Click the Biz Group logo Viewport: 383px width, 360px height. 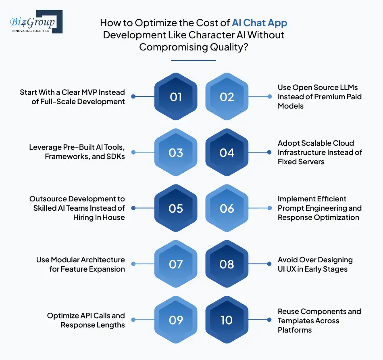point(35,22)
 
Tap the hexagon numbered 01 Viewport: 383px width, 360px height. point(176,97)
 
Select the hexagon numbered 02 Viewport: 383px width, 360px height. point(227,97)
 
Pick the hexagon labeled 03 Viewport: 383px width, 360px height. point(176,153)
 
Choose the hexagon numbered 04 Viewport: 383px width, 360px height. point(227,153)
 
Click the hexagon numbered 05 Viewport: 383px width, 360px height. point(176,208)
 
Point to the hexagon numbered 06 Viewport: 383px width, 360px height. point(227,208)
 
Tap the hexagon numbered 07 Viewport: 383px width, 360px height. point(176,264)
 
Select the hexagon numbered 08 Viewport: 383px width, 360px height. point(227,264)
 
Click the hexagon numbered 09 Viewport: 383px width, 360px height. point(176,320)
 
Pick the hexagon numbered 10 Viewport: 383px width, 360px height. point(227,320)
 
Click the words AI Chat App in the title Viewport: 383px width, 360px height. point(260,23)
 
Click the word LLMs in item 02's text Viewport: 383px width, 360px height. point(348,88)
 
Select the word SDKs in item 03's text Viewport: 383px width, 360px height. point(114,157)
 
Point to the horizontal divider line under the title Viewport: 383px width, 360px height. point(194,61)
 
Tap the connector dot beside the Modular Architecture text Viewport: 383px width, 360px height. point(133,264)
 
